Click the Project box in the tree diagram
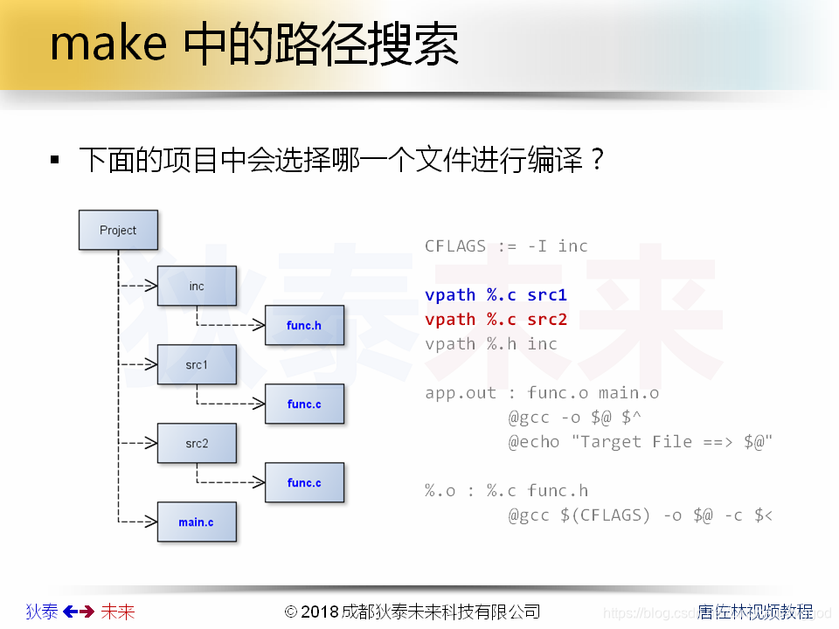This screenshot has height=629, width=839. pyautogui.click(x=118, y=231)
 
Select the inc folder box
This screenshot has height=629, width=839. pyautogui.click(x=197, y=287)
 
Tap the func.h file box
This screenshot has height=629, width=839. pyautogui.click(x=304, y=326)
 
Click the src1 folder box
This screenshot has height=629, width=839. pyautogui.click(x=197, y=365)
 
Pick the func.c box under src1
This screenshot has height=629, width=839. pyautogui.click(x=304, y=404)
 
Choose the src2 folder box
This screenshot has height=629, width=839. pyautogui.click(x=197, y=444)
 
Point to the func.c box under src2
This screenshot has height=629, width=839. pyautogui.click(x=304, y=483)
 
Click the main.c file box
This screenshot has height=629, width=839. pyautogui.click(x=197, y=522)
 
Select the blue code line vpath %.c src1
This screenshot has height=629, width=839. pyautogui.click(x=496, y=295)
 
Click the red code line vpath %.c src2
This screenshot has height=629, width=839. pyautogui.click(x=496, y=320)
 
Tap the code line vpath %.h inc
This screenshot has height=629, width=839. pyautogui.click(x=490, y=344)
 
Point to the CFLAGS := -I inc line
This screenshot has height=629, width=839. pyautogui.click(x=506, y=246)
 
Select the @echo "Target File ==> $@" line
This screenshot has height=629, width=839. pyautogui.click(x=641, y=442)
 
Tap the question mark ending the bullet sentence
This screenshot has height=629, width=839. pyautogui.click(x=597, y=161)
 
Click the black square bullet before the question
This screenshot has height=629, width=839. pyautogui.click(x=55, y=161)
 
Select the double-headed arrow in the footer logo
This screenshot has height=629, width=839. pyautogui.click(x=79, y=612)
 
